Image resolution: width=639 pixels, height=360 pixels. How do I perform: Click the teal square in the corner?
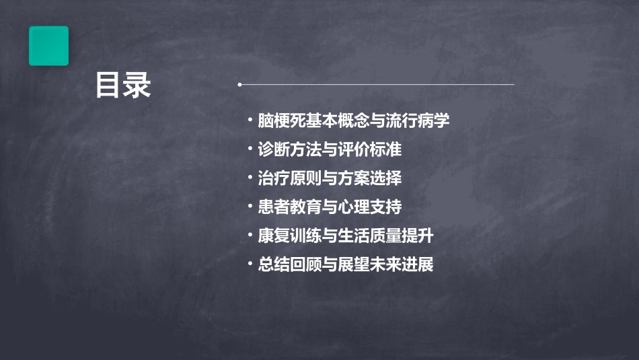pos(48,46)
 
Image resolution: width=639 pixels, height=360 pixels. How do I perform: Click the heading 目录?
pos(123,86)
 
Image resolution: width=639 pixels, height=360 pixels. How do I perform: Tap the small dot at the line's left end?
pos(239,85)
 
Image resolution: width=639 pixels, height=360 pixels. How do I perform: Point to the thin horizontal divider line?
pos(377,85)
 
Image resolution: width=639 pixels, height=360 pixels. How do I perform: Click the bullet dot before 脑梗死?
pos(250,121)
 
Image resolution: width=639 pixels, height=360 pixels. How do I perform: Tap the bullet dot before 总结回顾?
pos(250,264)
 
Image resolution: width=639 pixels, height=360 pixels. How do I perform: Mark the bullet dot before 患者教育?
pos(250,207)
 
